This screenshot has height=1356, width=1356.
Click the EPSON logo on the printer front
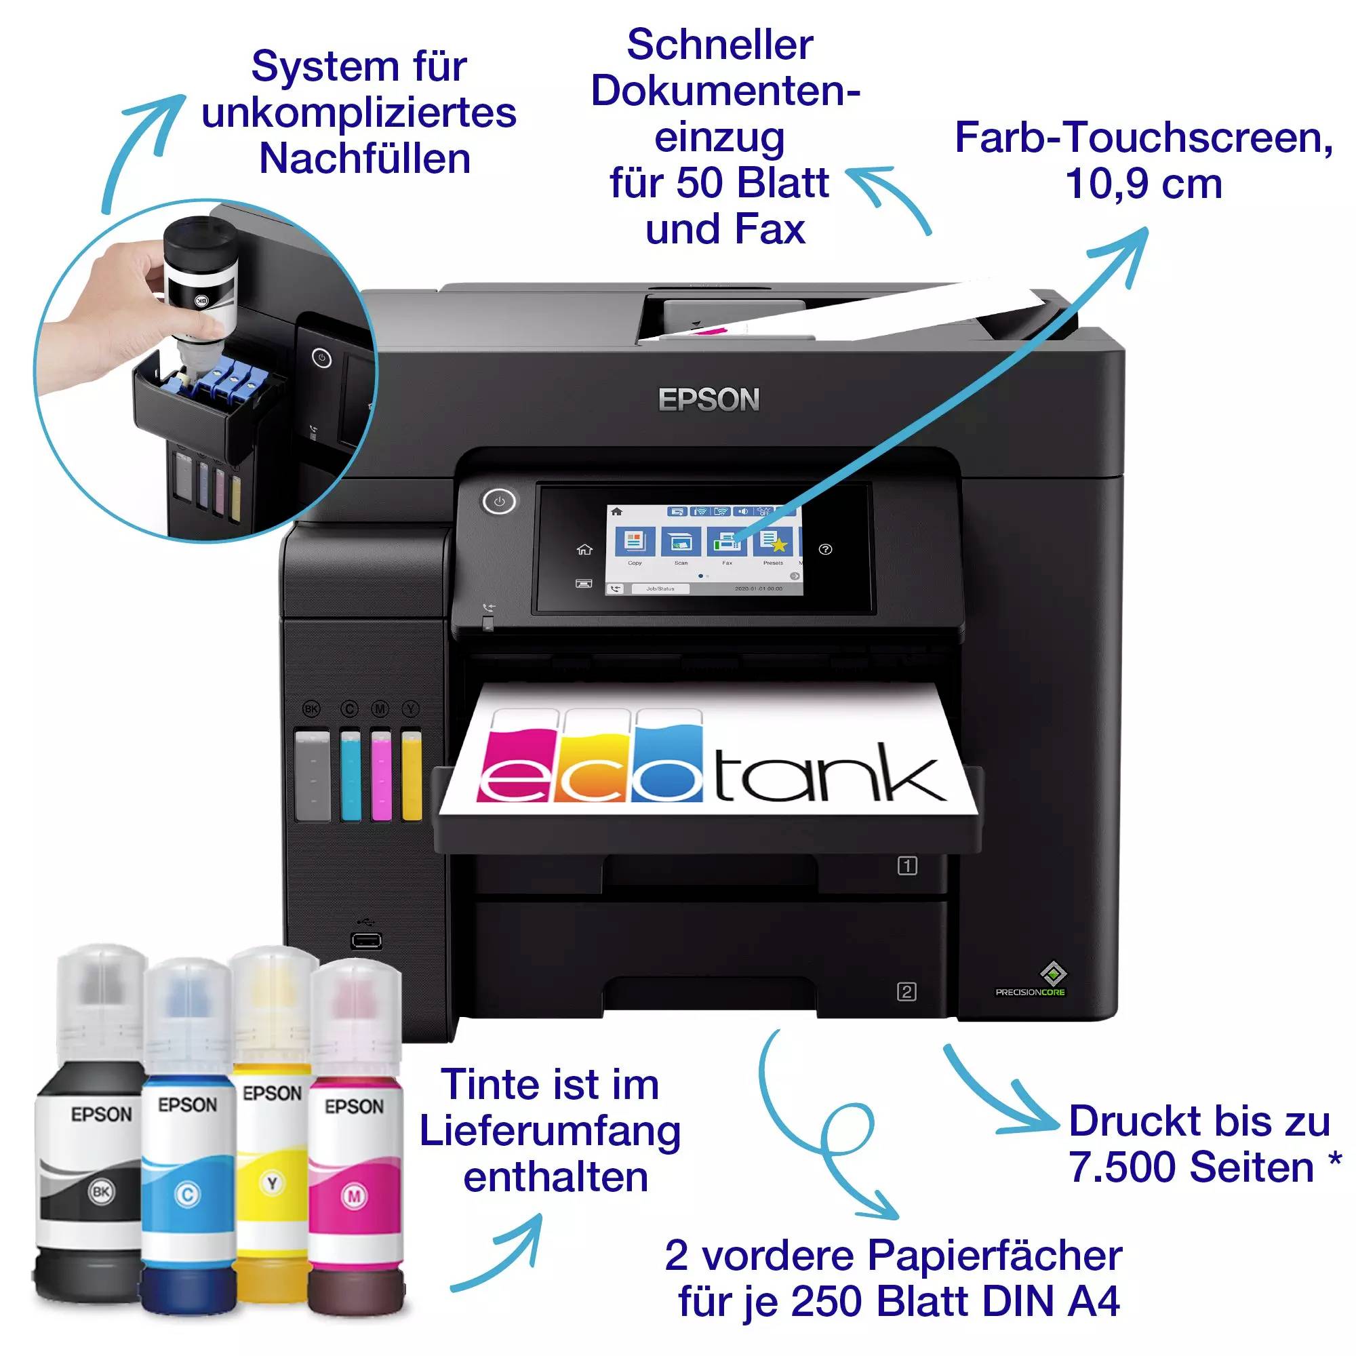coord(709,399)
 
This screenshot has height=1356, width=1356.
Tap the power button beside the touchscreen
coord(499,502)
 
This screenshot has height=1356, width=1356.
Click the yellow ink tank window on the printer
coord(412,775)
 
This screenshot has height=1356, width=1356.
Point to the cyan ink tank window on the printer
coord(350,775)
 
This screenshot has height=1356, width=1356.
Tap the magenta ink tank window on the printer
coord(380,775)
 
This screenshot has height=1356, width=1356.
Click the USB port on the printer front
coord(366,940)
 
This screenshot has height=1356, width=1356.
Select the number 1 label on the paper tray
coord(906,866)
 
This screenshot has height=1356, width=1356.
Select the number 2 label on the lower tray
coord(906,992)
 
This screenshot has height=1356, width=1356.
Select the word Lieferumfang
coord(551,1132)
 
